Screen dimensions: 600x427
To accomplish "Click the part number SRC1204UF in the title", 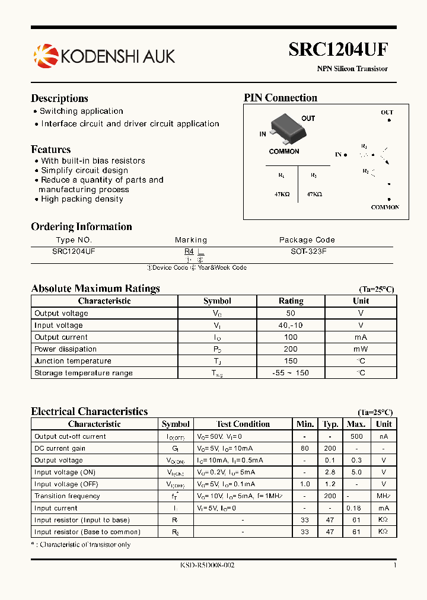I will coord(338,50).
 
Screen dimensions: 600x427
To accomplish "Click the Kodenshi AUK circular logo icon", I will coord(46,56).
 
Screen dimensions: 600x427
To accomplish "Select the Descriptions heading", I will coord(59,98).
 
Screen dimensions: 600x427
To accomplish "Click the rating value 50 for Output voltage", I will coord(291,313).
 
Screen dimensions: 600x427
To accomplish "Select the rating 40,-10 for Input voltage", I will coord(291,325).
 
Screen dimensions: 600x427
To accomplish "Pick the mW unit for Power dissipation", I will coord(361,349).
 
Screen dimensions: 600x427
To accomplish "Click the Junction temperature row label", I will coord(72,361).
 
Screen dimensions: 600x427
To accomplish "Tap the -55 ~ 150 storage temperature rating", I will coord(291,373).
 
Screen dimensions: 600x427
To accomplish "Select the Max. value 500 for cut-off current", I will coord(356,436).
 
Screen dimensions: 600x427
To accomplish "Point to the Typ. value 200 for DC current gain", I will coord(330,448).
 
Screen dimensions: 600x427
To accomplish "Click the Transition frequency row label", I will coord(67,496).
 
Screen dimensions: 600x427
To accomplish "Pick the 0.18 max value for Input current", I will coord(356,508).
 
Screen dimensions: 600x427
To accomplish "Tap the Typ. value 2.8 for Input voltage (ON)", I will coord(330,473).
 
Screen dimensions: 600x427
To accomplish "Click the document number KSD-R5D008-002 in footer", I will coord(207,566).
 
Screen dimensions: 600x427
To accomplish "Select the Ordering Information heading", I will coord(81,226).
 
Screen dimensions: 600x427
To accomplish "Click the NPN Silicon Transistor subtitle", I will coord(352,69).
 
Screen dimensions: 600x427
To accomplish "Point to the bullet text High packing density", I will coord(82,199).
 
